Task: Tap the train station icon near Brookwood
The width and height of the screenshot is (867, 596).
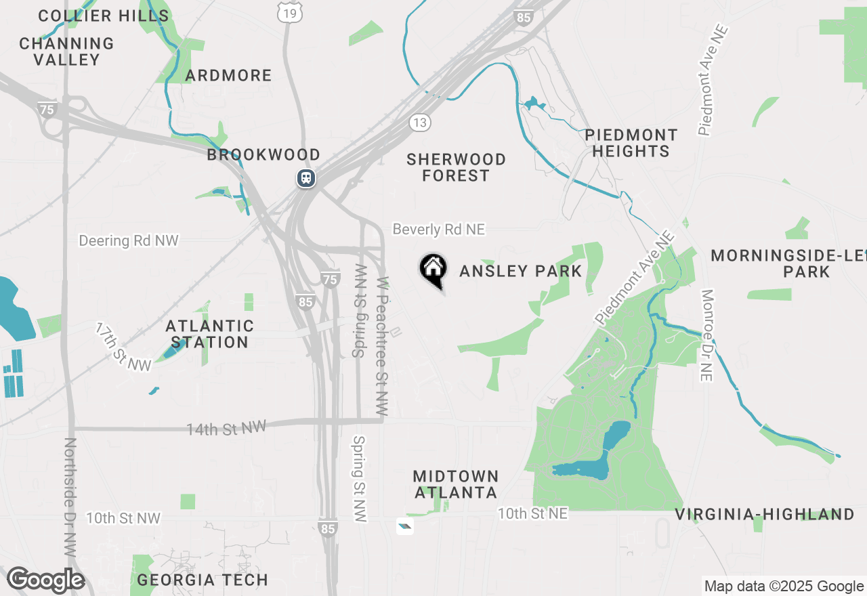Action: (305, 178)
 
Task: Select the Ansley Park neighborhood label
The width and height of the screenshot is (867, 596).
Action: (520, 272)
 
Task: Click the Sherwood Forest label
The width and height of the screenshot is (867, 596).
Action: (456, 167)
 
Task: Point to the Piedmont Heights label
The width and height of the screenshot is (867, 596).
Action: (631, 143)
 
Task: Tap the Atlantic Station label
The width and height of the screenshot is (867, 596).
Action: (210, 334)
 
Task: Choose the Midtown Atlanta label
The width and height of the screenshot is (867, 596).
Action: (456, 484)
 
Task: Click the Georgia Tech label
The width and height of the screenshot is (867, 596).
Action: (203, 580)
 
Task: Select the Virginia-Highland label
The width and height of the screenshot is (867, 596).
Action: (765, 515)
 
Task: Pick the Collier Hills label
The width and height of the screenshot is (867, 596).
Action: (104, 16)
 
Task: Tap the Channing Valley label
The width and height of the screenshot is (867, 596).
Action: (66, 51)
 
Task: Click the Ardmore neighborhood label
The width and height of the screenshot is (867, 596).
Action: (228, 75)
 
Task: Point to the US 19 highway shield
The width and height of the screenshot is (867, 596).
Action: (289, 12)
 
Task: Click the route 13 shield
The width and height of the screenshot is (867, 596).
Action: (419, 122)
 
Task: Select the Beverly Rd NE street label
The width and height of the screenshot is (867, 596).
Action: (439, 230)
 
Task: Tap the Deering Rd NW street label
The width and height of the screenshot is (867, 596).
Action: (129, 240)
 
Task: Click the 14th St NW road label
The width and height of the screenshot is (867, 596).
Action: (227, 427)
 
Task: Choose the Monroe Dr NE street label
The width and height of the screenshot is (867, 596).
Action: (707, 335)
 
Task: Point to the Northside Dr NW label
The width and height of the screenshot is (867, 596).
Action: (69, 498)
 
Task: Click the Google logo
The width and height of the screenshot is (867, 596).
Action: (46, 580)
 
